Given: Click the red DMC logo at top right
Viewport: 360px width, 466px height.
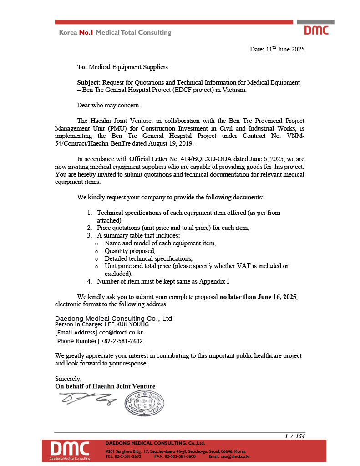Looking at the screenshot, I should [316, 30].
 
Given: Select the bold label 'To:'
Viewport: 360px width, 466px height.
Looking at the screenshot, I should [82, 67].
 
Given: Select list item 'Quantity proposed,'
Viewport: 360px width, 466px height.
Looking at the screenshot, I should [130, 251].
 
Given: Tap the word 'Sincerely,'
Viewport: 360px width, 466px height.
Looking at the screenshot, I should [68, 379].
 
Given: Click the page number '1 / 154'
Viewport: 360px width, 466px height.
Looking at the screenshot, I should [294, 436].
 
